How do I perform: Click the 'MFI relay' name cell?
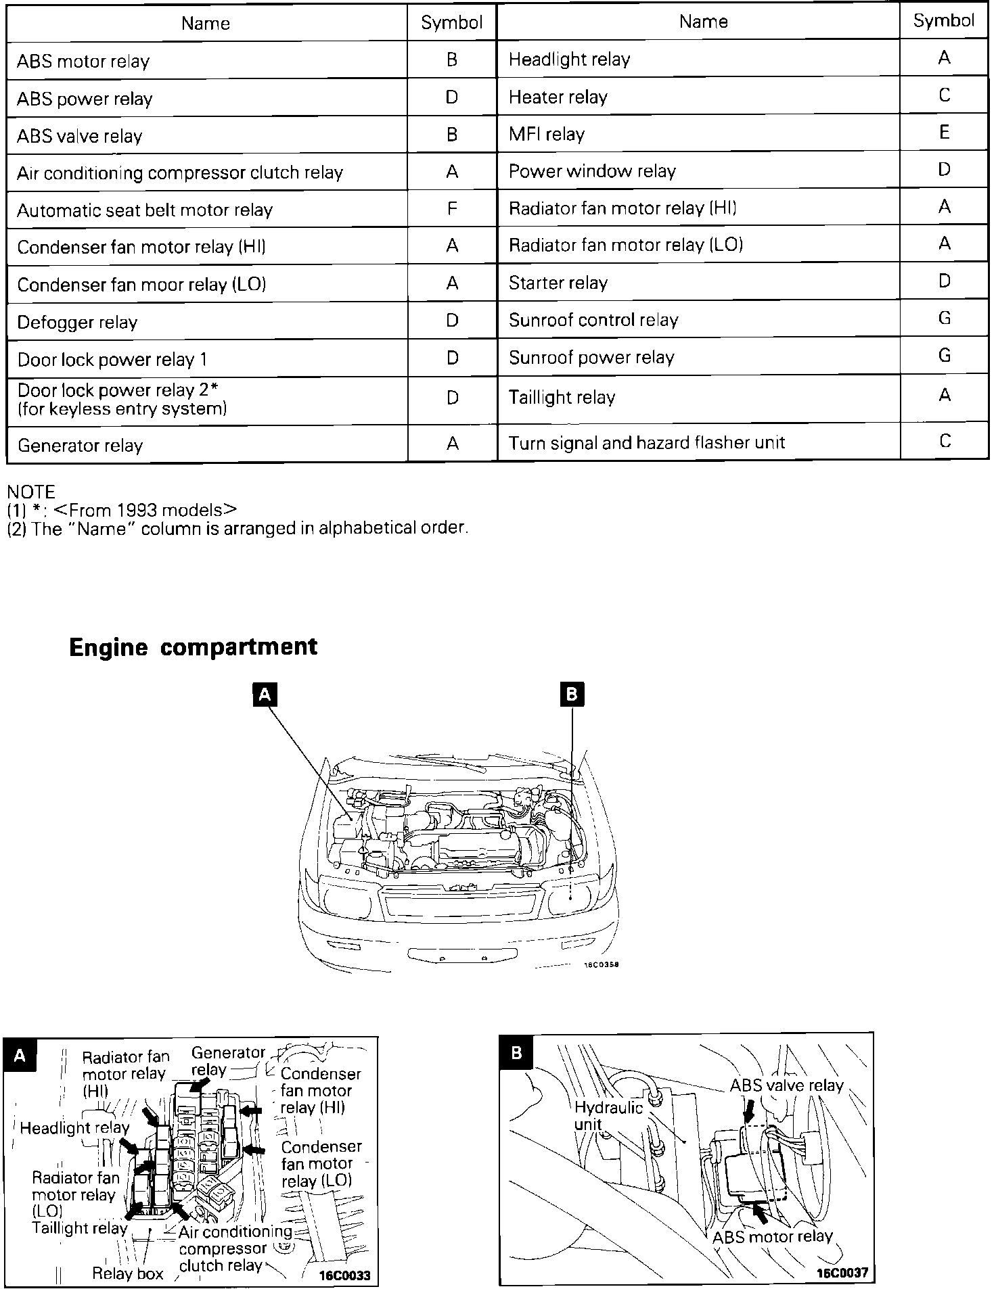pos(547,134)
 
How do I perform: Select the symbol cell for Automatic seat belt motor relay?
pos(452,208)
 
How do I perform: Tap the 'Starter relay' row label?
pos(558,283)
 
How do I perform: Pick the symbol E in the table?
pos(945,132)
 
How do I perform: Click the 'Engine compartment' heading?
pos(193,647)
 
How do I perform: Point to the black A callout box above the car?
pos(265,695)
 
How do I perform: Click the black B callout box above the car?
pos(572,695)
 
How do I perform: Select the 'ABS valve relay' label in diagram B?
pos(786,1085)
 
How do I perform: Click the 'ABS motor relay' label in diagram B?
pos(772,1237)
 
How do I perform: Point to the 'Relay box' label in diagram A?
pos(128,1273)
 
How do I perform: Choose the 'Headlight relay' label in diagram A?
pos(74,1127)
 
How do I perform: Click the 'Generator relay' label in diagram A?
pos(228,1061)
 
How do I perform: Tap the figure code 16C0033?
pos(345,1275)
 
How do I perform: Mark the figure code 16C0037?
pos(842,1272)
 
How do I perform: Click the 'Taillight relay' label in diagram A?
pos(79,1227)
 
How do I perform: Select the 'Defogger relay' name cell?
pos(77,322)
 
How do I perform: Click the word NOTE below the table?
pos(30,492)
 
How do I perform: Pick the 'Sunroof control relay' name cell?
pos(593,320)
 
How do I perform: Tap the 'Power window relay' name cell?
pos(592,171)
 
